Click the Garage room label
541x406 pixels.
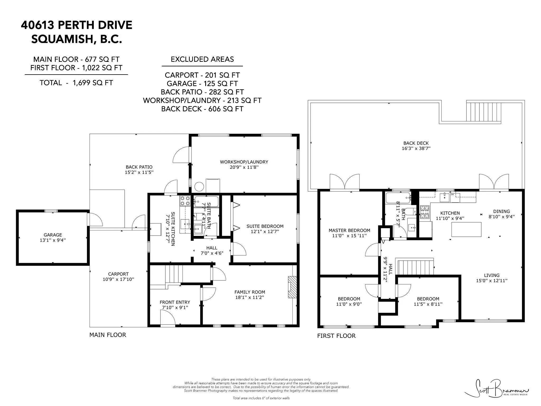pyautogui.click(x=53, y=235)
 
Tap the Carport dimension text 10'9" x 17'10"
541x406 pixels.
pyautogui.click(x=118, y=279)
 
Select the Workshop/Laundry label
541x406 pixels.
pyautogui.click(x=244, y=162)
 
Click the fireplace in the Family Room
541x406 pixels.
pyautogui.click(x=292, y=287)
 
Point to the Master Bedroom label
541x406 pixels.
pyautogui.click(x=349, y=230)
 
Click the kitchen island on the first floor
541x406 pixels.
pyautogui.click(x=466, y=229)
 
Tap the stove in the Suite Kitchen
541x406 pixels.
pyautogui.click(x=185, y=201)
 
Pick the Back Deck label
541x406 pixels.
pyautogui.click(x=416, y=143)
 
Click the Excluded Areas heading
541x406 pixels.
pyautogui.click(x=202, y=59)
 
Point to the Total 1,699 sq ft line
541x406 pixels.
pyautogui.click(x=76, y=83)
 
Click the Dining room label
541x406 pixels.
pyautogui.click(x=501, y=211)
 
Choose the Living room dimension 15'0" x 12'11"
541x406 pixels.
pyautogui.click(x=492, y=280)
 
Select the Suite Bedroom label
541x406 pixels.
pyautogui.click(x=265, y=226)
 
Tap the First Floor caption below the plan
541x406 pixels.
pyautogui.click(x=336, y=336)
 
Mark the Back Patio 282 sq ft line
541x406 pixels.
pyautogui.click(x=202, y=92)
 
